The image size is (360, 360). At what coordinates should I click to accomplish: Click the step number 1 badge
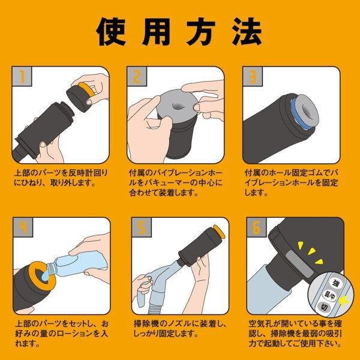(22, 76)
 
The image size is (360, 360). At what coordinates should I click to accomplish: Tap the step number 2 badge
(137, 76)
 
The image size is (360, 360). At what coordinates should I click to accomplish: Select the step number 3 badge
(253, 76)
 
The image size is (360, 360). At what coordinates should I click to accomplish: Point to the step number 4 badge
(23, 227)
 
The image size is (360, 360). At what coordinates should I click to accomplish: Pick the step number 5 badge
(142, 227)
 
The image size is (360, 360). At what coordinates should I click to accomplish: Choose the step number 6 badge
(256, 227)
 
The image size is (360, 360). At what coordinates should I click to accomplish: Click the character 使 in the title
(112, 32)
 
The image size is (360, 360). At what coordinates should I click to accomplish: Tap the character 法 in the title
(247, 32)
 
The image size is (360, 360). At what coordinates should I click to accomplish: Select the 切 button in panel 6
(325, 307)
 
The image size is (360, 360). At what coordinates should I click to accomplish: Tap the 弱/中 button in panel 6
(329, 296)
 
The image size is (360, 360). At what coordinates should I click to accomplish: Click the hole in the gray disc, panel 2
(178, 106)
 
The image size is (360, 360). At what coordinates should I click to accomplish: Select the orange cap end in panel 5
(219, 232)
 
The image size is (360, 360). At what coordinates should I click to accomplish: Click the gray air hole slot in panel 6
(300, 263)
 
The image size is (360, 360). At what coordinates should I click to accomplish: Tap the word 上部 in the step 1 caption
(23, 173)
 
